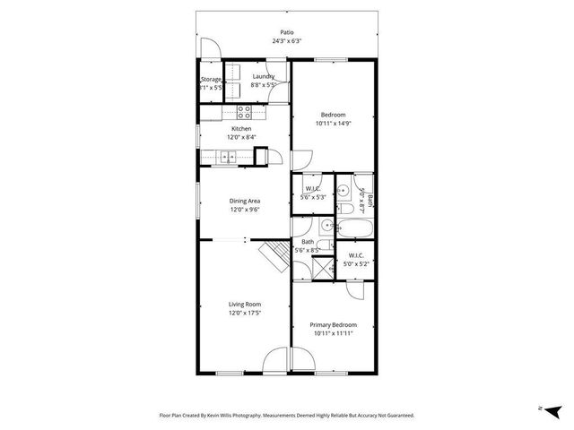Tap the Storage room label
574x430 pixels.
point(210,80)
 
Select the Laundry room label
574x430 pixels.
point(263,77)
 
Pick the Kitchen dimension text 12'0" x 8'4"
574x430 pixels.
point(242,138)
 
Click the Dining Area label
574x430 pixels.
point(244,202)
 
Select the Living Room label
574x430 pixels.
point(244,305)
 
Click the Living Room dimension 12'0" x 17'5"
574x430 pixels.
point(244,314)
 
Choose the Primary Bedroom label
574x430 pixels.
point(333,324)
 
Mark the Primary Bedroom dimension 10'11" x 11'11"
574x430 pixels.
point(333,333)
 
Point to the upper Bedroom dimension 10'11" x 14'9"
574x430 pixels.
point(333,124)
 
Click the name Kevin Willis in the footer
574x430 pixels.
point(238,416)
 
